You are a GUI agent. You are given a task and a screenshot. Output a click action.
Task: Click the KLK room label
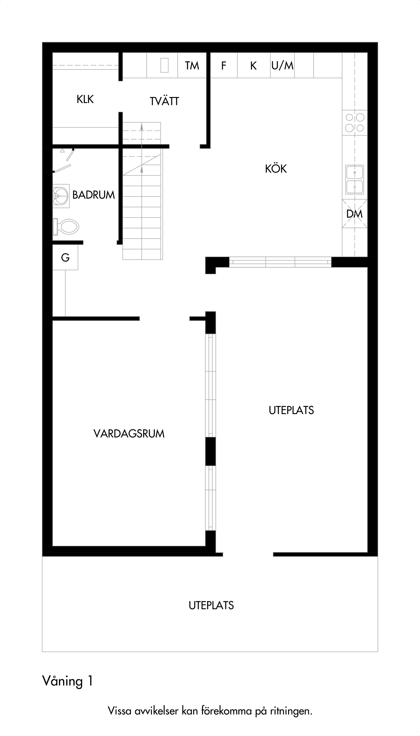tap(85, 99)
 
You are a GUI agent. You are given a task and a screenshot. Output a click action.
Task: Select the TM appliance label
tap(192, 66)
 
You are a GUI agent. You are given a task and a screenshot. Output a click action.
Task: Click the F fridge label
tap(224, 66)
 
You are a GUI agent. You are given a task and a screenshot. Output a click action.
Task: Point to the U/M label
tap(282, 66)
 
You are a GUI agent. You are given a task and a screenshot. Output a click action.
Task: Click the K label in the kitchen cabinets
tap(253, 66)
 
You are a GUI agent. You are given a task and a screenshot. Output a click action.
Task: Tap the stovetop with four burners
tap(355, 122)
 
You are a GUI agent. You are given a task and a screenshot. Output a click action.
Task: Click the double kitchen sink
tap(355, 180)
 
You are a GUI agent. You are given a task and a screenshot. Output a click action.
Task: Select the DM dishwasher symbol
tap(355, 214)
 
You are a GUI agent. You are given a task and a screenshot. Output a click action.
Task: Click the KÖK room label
tap(276, 169)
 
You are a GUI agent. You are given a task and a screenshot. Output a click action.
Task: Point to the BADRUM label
tap(93, 195)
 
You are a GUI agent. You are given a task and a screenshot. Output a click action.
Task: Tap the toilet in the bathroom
tap(66, 227)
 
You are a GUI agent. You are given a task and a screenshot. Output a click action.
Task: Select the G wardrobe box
tap(65, 257)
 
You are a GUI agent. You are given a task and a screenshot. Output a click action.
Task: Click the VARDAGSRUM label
tap(129, 434)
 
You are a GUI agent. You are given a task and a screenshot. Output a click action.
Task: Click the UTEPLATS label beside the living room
tap(291, 410)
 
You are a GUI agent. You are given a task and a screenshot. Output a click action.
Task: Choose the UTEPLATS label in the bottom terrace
tap(211, 605)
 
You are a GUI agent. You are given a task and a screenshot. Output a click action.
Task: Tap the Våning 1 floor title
tap(68, 681)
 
